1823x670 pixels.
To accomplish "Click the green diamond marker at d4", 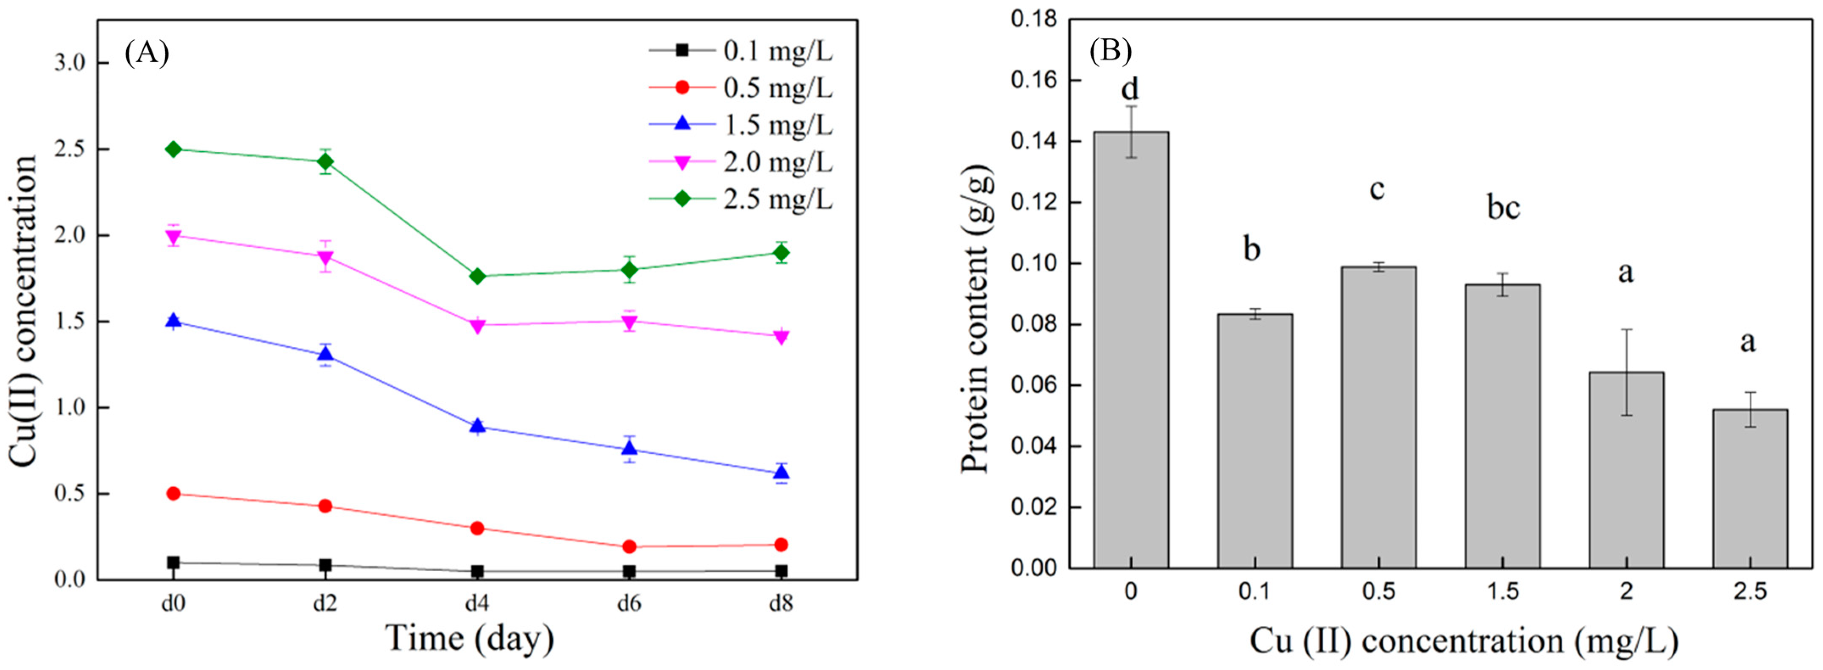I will (477, 276).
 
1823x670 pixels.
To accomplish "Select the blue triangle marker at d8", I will (781, 473).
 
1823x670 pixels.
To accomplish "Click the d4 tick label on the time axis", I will (477, 603).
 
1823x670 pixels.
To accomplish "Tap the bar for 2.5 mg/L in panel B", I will (1749, 489).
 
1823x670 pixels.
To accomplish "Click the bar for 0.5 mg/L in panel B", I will (1378, 418).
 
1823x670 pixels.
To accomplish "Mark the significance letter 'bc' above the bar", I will (1503, 208).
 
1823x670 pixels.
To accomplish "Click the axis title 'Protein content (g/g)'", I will (976, 319).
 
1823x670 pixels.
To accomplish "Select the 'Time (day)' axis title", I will (469, 638).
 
